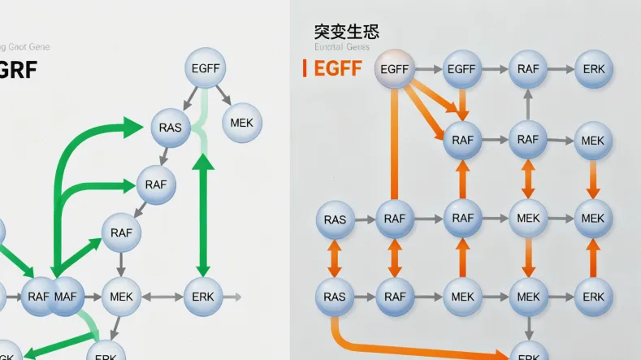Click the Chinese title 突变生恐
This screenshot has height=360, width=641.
click(346, 32)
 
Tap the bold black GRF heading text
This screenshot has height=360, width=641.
click(17, 69)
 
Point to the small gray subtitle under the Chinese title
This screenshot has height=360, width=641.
click(341, 47)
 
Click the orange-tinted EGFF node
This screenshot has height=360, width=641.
click(394, 70)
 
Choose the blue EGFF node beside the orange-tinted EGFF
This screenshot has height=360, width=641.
click(461, 70)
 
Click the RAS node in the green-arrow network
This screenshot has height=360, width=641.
click(171, 128)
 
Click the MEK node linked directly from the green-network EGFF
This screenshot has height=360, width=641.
click(241, 123)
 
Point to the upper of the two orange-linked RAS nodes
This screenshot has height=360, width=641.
click(334, 219)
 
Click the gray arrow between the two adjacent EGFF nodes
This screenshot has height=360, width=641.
click(427, 70)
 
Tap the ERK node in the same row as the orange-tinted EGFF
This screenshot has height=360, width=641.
click(594, 70)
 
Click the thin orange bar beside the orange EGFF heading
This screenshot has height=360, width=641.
click(304, 68)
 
